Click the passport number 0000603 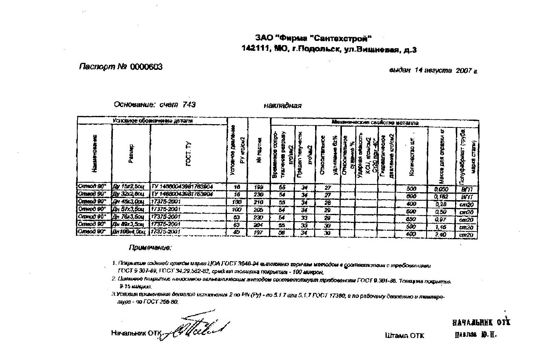(146, 67)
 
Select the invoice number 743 (189, 105)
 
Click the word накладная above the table (282, 106)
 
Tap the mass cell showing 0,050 (441, 189)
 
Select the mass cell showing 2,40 (441, 235)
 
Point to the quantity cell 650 (411, 219)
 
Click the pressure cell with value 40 (237, 232)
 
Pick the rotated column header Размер (131, 153)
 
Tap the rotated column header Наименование (95, 153)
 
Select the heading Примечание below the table (150, 248)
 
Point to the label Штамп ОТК (404, 336)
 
